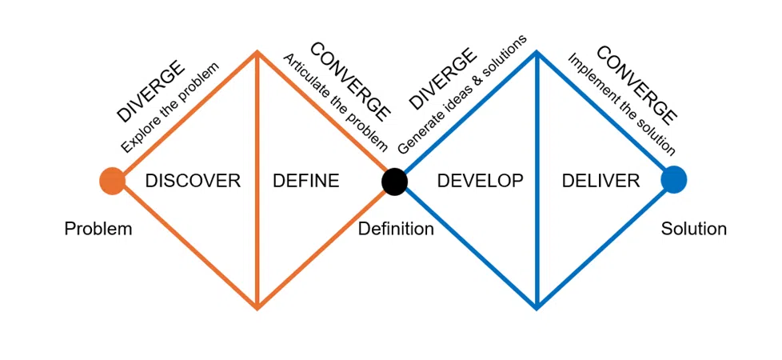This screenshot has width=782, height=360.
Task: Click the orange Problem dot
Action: click(112, 181)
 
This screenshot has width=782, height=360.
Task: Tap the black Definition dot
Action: click(394, 181)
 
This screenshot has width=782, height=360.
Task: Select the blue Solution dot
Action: click(673, 180)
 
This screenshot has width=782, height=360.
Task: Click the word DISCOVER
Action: click(193, 181)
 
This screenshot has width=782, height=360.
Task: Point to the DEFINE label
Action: click(306, 181)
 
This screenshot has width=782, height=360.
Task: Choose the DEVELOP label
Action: click(480, 181)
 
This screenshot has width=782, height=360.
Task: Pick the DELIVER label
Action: click(600, 181)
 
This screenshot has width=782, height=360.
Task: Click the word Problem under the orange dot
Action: click(98, 230)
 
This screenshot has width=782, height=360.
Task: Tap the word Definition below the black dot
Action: click(396, 230)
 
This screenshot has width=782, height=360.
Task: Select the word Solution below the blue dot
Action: click(693, 230)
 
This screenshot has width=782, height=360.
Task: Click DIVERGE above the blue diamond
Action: click(442, 80)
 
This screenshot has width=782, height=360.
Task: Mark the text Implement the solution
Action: click(622, 105)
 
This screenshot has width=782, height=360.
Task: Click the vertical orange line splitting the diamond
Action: click(257, 240)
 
